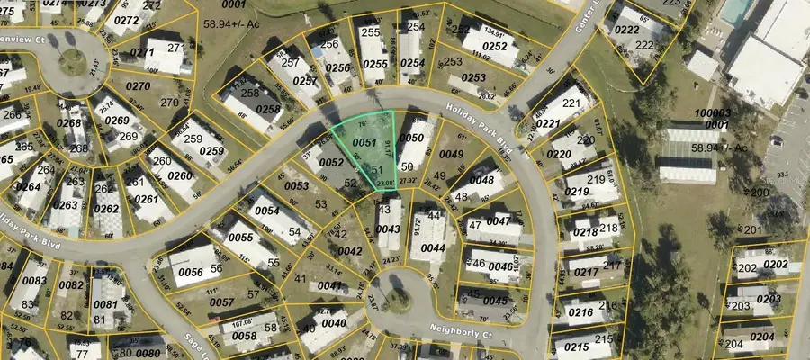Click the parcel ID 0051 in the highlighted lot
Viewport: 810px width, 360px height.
[364, 143]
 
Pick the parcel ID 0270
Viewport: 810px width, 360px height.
[138, 86]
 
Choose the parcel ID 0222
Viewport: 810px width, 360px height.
[625, 30]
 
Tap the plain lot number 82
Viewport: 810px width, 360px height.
[68, 316]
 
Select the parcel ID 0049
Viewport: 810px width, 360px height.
[451, 155]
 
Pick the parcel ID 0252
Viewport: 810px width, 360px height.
[494, 46]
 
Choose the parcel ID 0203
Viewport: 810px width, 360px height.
[768, 299]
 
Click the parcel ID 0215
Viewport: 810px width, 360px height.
[571, 345]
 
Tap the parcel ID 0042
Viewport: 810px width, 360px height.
[349, 251]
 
